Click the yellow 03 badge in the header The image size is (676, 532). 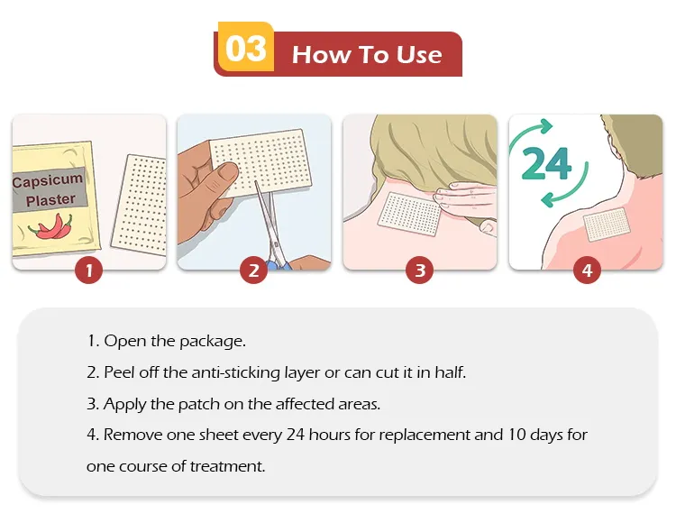click(x=246, y=47)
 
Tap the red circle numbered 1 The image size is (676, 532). click(x=89, y=271)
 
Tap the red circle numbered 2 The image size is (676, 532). click(x=253, y=271)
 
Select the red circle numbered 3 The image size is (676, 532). click(x=419, y=271)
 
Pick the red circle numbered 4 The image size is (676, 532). click(x=587, y=271)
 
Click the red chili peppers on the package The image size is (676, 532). click(x=51, y=226)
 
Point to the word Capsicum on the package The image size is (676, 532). click(x=48, y=179)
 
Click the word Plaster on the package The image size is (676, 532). click(x=50, y=200)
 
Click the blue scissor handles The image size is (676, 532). click(x=276, y=263)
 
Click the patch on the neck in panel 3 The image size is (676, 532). click(x=409, y=215)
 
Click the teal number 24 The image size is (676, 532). click(x=546, y=163)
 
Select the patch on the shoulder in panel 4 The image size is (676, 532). click(x=607, y=224)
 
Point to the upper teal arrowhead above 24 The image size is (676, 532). click(x=544, y=126)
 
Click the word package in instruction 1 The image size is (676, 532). click(x=213, y=342)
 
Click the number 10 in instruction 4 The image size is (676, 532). click(x=516, y=435)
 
